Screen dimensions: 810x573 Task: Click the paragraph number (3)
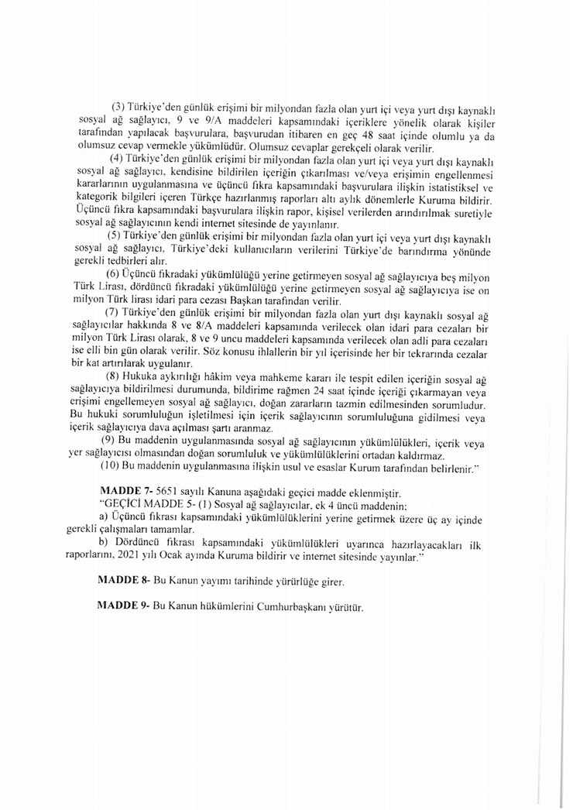119,105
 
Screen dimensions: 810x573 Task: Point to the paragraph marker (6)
114,274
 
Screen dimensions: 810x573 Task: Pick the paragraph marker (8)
113,377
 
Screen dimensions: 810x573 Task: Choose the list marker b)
103,544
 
